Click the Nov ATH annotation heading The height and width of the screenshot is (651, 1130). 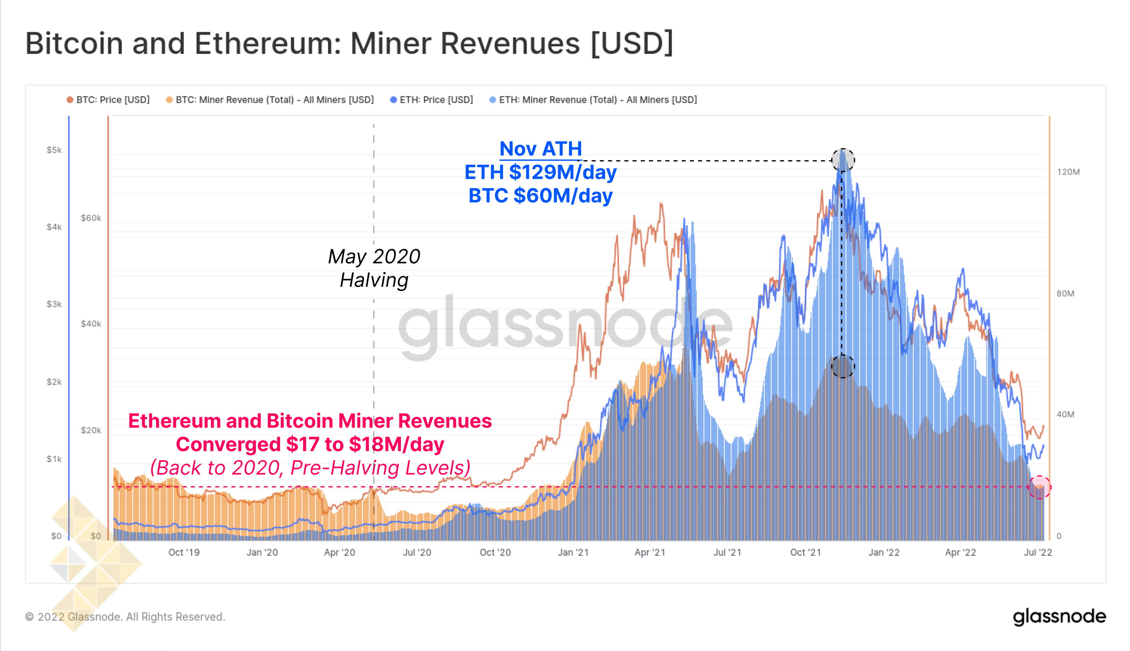pyautogui.click(x=540, y=149)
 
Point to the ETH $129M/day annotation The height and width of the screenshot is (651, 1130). pyautogui.click(x=540, y=172)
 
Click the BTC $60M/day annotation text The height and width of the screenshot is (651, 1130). pyautogui.click(x=540, y=196)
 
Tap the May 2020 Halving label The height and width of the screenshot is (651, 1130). pyautogui.click(x=374, y=268)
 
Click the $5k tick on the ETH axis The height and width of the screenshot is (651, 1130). pyautogui.click(x=54, y=150)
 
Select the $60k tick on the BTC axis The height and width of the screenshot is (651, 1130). pyautogui.click(x=91, y=218)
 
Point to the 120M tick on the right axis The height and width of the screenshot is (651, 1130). pyautogui.click(x=1068, y=172)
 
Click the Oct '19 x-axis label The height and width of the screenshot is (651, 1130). pyautogui.click(x=184, y=552)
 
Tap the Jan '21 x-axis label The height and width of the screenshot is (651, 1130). pyautogui.click(x=573, y=552)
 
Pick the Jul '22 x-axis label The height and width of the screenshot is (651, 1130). pyautogui.click(x=1037, y=552)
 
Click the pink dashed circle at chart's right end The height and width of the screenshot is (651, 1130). pyautogui.click(x=1039, y=487)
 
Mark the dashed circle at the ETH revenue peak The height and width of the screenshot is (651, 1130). pyautogui.click(x=842, y=159)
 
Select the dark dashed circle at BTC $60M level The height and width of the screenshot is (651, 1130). pyautogui.click(x=842, y=366)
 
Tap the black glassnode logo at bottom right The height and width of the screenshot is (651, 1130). pyautogui.click(x=1059, y=617)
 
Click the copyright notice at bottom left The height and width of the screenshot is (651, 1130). pyautogui.click(x=125, y=617)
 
